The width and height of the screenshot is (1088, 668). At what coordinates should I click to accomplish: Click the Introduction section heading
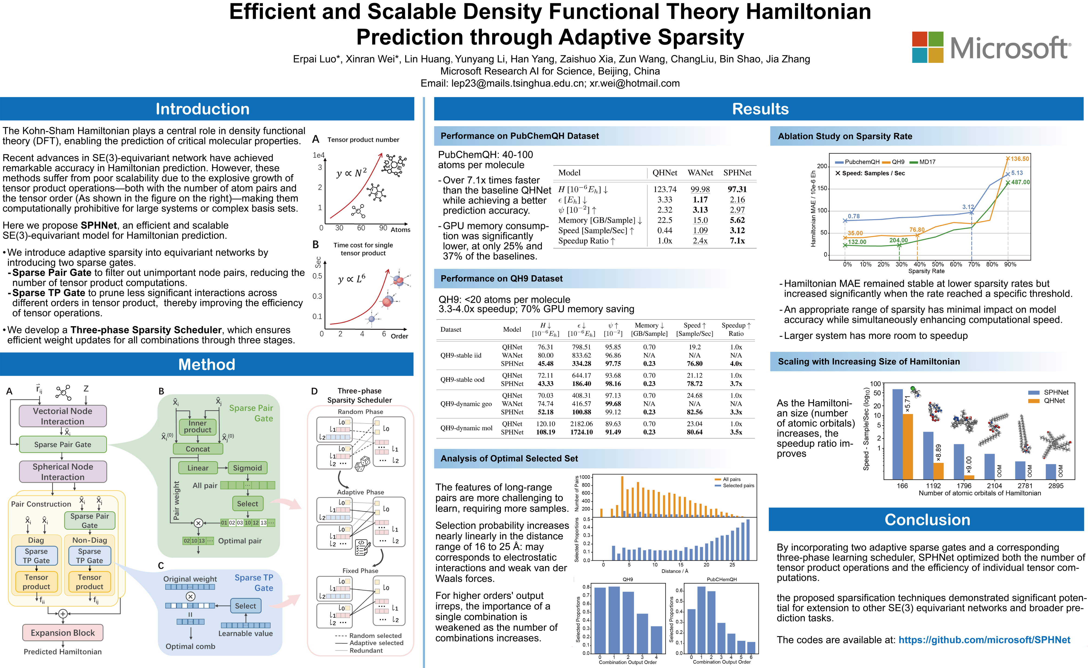point(202,109)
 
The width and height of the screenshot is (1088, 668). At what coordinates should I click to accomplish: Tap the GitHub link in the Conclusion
point(984,640)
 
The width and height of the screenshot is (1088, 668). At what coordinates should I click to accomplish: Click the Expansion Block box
point(63,633)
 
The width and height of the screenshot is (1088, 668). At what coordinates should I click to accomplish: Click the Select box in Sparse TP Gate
point(246,606)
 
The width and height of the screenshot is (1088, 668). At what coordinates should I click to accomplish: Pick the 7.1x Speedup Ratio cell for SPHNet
point(737,241)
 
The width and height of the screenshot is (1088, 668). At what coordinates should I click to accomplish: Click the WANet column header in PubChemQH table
point(700,173)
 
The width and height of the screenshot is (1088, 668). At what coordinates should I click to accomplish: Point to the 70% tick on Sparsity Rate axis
point(974,264)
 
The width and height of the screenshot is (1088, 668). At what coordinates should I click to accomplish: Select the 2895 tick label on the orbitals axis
point(1056,485)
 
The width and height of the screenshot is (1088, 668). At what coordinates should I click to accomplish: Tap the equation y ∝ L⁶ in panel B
point(352,279)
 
